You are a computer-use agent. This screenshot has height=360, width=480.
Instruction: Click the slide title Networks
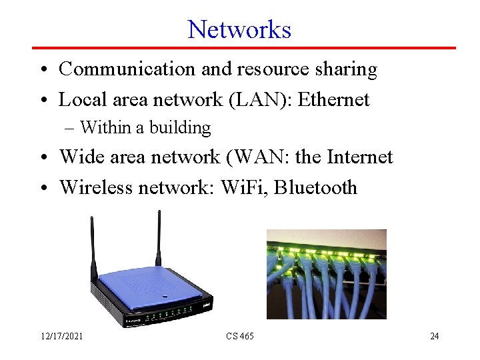coord(239,29)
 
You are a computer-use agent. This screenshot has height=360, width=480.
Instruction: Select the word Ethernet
coord(333,99)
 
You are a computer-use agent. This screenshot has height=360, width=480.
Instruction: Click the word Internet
coord(360,157)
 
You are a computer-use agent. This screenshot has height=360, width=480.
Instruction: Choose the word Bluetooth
coord(316,187)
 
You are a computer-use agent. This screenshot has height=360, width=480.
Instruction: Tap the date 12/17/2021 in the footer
coord(61,336)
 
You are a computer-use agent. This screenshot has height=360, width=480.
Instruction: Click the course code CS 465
coord(239,336)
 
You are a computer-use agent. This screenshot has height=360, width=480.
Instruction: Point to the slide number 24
coord(434,336)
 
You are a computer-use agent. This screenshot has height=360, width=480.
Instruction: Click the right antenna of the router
coord(159,237)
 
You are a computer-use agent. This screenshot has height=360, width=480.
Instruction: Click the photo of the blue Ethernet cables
coord(326,274)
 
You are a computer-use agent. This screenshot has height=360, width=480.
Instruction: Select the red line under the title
coord(244,48)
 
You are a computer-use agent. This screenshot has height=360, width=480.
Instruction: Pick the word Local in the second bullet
coord(77,99)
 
